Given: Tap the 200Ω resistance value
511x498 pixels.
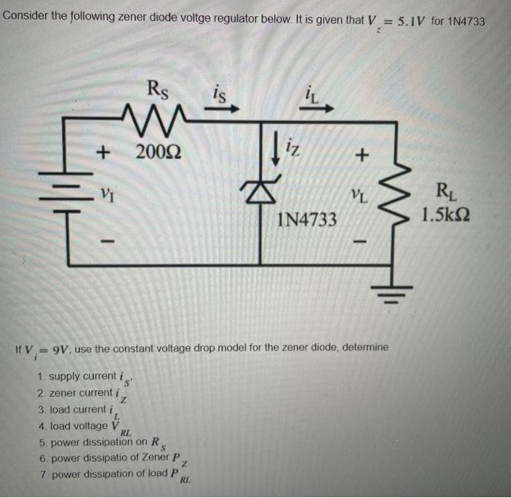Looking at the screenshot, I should click(160, 153).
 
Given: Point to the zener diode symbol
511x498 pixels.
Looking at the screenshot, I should click(261, 192).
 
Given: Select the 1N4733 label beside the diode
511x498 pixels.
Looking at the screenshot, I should click(307, 218).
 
